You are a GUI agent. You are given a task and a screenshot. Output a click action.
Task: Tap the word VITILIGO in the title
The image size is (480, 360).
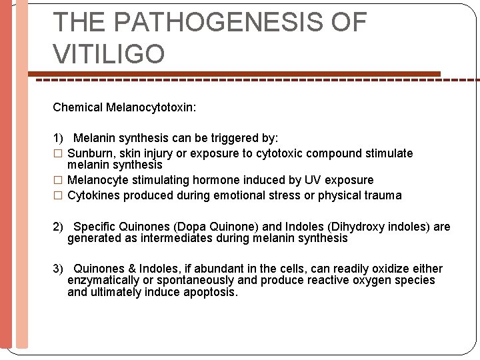[109, 53]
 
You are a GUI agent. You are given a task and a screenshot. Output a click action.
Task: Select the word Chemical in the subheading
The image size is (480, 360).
[77, 107]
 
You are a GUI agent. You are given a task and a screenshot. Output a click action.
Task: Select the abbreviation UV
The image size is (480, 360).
[312, 180]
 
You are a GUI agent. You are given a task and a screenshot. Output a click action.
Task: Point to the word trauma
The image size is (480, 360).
[383, 195]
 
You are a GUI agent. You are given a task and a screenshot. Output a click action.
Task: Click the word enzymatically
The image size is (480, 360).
[101, 280]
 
